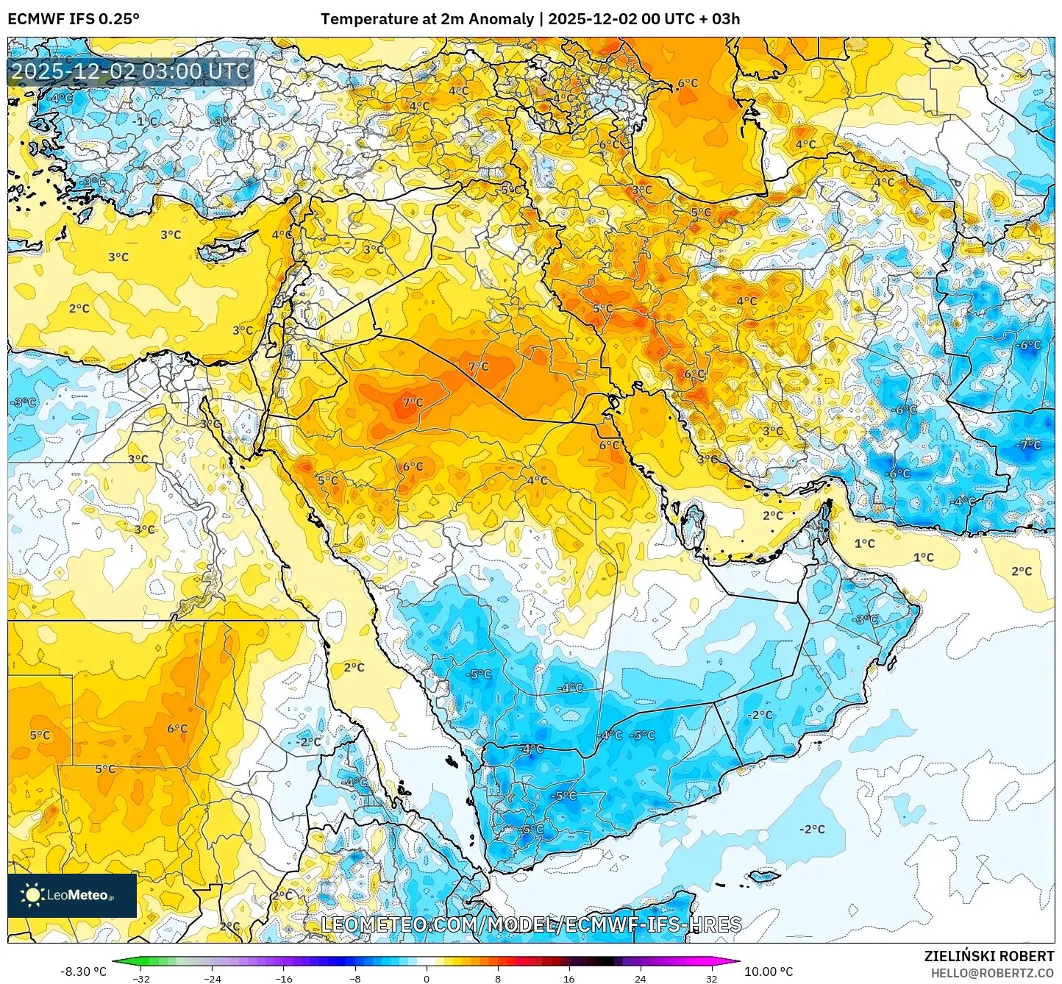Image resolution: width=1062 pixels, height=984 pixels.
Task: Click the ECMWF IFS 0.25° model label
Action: click(x=74, y=19)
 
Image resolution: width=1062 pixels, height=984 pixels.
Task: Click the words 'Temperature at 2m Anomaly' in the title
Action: click(x=427, y=19)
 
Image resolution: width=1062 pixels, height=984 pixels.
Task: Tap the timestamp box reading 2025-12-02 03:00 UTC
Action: click(x=131, y=71)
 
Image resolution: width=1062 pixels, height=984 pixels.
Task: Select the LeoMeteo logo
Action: click(x=72, y=895)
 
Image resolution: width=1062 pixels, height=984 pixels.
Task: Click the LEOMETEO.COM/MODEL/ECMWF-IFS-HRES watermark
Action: click(x=531, y=924)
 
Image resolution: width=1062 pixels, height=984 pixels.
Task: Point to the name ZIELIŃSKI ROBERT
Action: click(x=988, y=956)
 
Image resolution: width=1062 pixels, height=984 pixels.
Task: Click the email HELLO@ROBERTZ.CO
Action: click(x=992, y=972)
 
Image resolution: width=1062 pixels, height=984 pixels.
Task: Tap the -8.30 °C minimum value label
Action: click(x=83, y=971)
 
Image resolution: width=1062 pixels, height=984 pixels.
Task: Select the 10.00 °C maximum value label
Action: click(x=769, y=971)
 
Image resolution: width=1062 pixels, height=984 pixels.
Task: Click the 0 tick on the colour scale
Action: click(x=427, y=978)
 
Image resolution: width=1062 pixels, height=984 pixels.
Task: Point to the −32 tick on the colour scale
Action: click(x=140, y=978)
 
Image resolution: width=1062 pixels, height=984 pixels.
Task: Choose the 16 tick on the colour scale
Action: click(x=569, y=978)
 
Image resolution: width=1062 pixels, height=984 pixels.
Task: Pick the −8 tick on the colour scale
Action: click(x=354, y=978)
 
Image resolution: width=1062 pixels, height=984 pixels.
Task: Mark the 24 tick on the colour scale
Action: click(x=641, y=978)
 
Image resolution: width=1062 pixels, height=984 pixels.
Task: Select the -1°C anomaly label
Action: click(x=147, y=121)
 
